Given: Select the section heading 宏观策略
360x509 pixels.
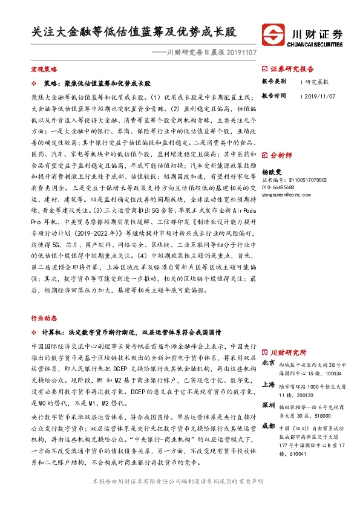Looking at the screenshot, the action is click(44, 70).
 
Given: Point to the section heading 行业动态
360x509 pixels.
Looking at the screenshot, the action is click(44, 317).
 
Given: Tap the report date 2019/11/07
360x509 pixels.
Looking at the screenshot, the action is click(318, 96).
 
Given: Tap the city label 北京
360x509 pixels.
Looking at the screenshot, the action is click(269, 363).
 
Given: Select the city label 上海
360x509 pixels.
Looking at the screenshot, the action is click(269, 385).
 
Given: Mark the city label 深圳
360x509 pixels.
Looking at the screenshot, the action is click(269, 404).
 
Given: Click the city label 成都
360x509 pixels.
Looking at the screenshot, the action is click(269, 427).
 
